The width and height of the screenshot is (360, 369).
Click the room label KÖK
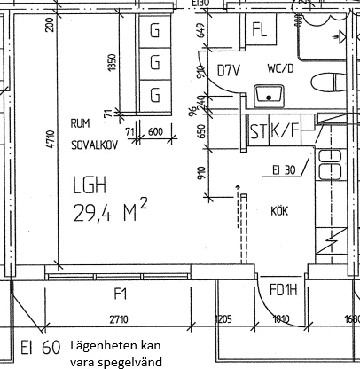pyautogui.click(x=283, y=210)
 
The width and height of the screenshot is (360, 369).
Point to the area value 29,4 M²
pyautogui.click(x=109, y=211)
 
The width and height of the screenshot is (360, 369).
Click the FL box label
pyautogui.click(x=259, y=28)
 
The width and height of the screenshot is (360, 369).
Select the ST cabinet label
pyautogui.click(x=258, y=133)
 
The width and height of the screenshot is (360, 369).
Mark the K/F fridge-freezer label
pyautogui.click(x=286, y=133)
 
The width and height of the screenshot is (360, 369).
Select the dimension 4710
pyautogui.click(x=50, y=137)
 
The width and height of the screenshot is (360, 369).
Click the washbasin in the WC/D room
pyautogui.click(x=264, y=92)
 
